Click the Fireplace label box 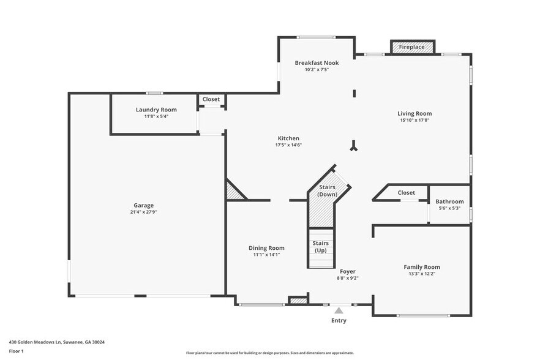(x=412, y=47)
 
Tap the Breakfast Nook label (x=317, y=63)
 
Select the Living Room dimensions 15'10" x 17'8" (x=414, y=121)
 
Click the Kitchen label (x=288, y=138)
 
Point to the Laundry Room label (x=156, y=110)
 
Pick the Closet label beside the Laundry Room (x=211, y=99)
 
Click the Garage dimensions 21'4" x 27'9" (x=144, y=212)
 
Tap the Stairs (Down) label (x=328, y=190)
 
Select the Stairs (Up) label (x=320, y=247)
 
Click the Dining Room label (x=266, y=248)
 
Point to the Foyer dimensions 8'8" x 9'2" (x=347, y=278)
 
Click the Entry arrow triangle (x=339, y=310)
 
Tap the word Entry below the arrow (x=339, y=320)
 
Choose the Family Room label (x=421, y=267)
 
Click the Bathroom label (x=449, y=201)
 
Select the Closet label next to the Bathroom (x=406, y=193)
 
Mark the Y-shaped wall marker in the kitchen (x=354, y=146)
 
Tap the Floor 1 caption (x=16, y=351)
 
